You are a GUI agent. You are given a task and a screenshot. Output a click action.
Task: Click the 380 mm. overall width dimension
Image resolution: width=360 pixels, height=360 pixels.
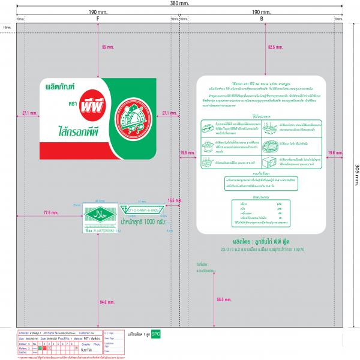pyautogui.click(x=179, y=3)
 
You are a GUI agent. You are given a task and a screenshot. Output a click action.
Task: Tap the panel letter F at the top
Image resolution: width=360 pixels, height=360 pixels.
pyautogui.click(x=97, y=19)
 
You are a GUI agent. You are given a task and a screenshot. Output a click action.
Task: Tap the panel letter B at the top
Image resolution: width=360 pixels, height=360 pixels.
pyautogui.click(x=262, y=19)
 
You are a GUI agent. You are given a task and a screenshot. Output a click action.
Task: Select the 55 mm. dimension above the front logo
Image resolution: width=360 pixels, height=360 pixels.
pyautogui.click(x=108, y=47)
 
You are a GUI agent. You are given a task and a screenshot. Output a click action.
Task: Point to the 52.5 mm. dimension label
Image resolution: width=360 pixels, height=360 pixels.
pyautogui.click(x=275, y=46)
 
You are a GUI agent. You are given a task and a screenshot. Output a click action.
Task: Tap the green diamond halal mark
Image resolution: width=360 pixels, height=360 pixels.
pyautogui.click(x=96, y=215)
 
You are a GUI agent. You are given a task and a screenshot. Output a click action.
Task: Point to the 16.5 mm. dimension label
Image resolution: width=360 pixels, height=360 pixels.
pyautogui.click(x=175, y=200)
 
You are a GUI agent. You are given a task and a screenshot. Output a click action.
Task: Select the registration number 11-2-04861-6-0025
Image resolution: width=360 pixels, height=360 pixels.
pyautogui.click(x=142, y=211)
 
